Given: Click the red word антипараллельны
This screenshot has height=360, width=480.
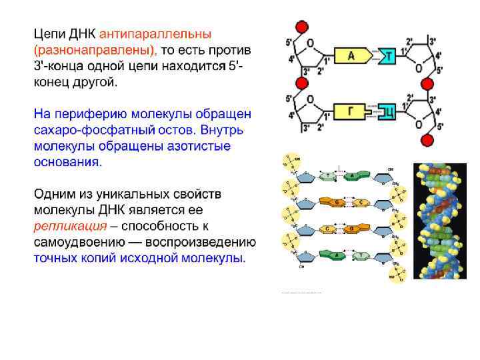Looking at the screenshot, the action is point(155,33).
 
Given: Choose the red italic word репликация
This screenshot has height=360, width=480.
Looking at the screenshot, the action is point(65,225).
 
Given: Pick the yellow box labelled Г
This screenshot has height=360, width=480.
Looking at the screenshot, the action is point(349,111).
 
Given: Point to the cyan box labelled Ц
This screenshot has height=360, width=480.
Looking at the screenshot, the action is point(387,111).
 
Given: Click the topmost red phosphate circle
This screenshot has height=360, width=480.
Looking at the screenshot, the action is point(301,27).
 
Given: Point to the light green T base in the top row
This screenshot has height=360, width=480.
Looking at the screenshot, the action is point(327,176).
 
